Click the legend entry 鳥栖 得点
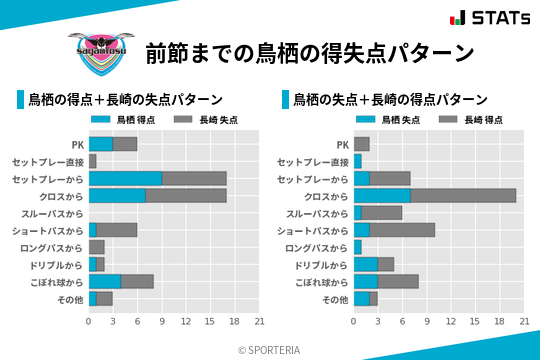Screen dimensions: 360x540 pos(125,120)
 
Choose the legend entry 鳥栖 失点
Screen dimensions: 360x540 pos(390,120)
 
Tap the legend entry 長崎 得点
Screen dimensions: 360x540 pos(472,120)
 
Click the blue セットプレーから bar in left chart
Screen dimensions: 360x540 pos(125,178)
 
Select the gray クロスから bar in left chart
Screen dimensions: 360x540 pos(186,195)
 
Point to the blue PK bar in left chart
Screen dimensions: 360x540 pos(101,144)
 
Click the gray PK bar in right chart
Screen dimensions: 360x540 pos(362,144)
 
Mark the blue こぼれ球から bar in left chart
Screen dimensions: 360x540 pos(105,281)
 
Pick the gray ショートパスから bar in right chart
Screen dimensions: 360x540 pos(402,230)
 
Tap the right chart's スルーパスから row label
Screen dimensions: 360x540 pos(317,213)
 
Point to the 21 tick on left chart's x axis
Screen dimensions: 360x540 pos(259,321)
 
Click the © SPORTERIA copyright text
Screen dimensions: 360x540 pos(270,349)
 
